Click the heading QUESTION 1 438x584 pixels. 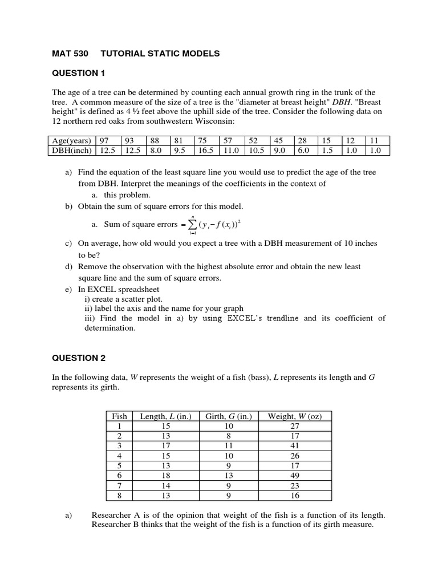(x=75, y=73)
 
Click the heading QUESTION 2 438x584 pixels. (x=75, y=358)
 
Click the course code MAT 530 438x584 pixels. (x=68, y=54)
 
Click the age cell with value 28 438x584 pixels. (x=302, y=140)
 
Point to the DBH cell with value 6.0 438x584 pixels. (x=302, y=151)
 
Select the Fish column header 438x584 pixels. (x=120, y=416)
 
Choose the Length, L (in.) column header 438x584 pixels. (x=165, y=416)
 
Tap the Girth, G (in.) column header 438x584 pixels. (x=228, y=416)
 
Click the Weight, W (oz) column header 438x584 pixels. (x=295, y=416)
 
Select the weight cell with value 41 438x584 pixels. (x=295, y=446)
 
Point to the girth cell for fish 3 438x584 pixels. (x=228, y=446)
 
